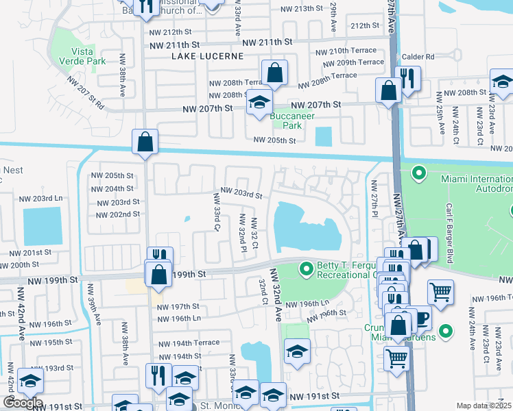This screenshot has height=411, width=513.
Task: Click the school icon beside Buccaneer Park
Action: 259,103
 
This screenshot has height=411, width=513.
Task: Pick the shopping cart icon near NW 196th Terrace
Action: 440,291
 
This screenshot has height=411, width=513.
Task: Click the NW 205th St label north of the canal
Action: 274,140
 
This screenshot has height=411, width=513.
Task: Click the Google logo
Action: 23,403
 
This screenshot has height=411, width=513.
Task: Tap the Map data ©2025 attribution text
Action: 484,406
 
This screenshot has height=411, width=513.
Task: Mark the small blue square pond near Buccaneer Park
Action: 322,136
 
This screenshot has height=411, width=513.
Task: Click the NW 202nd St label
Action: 118,214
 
